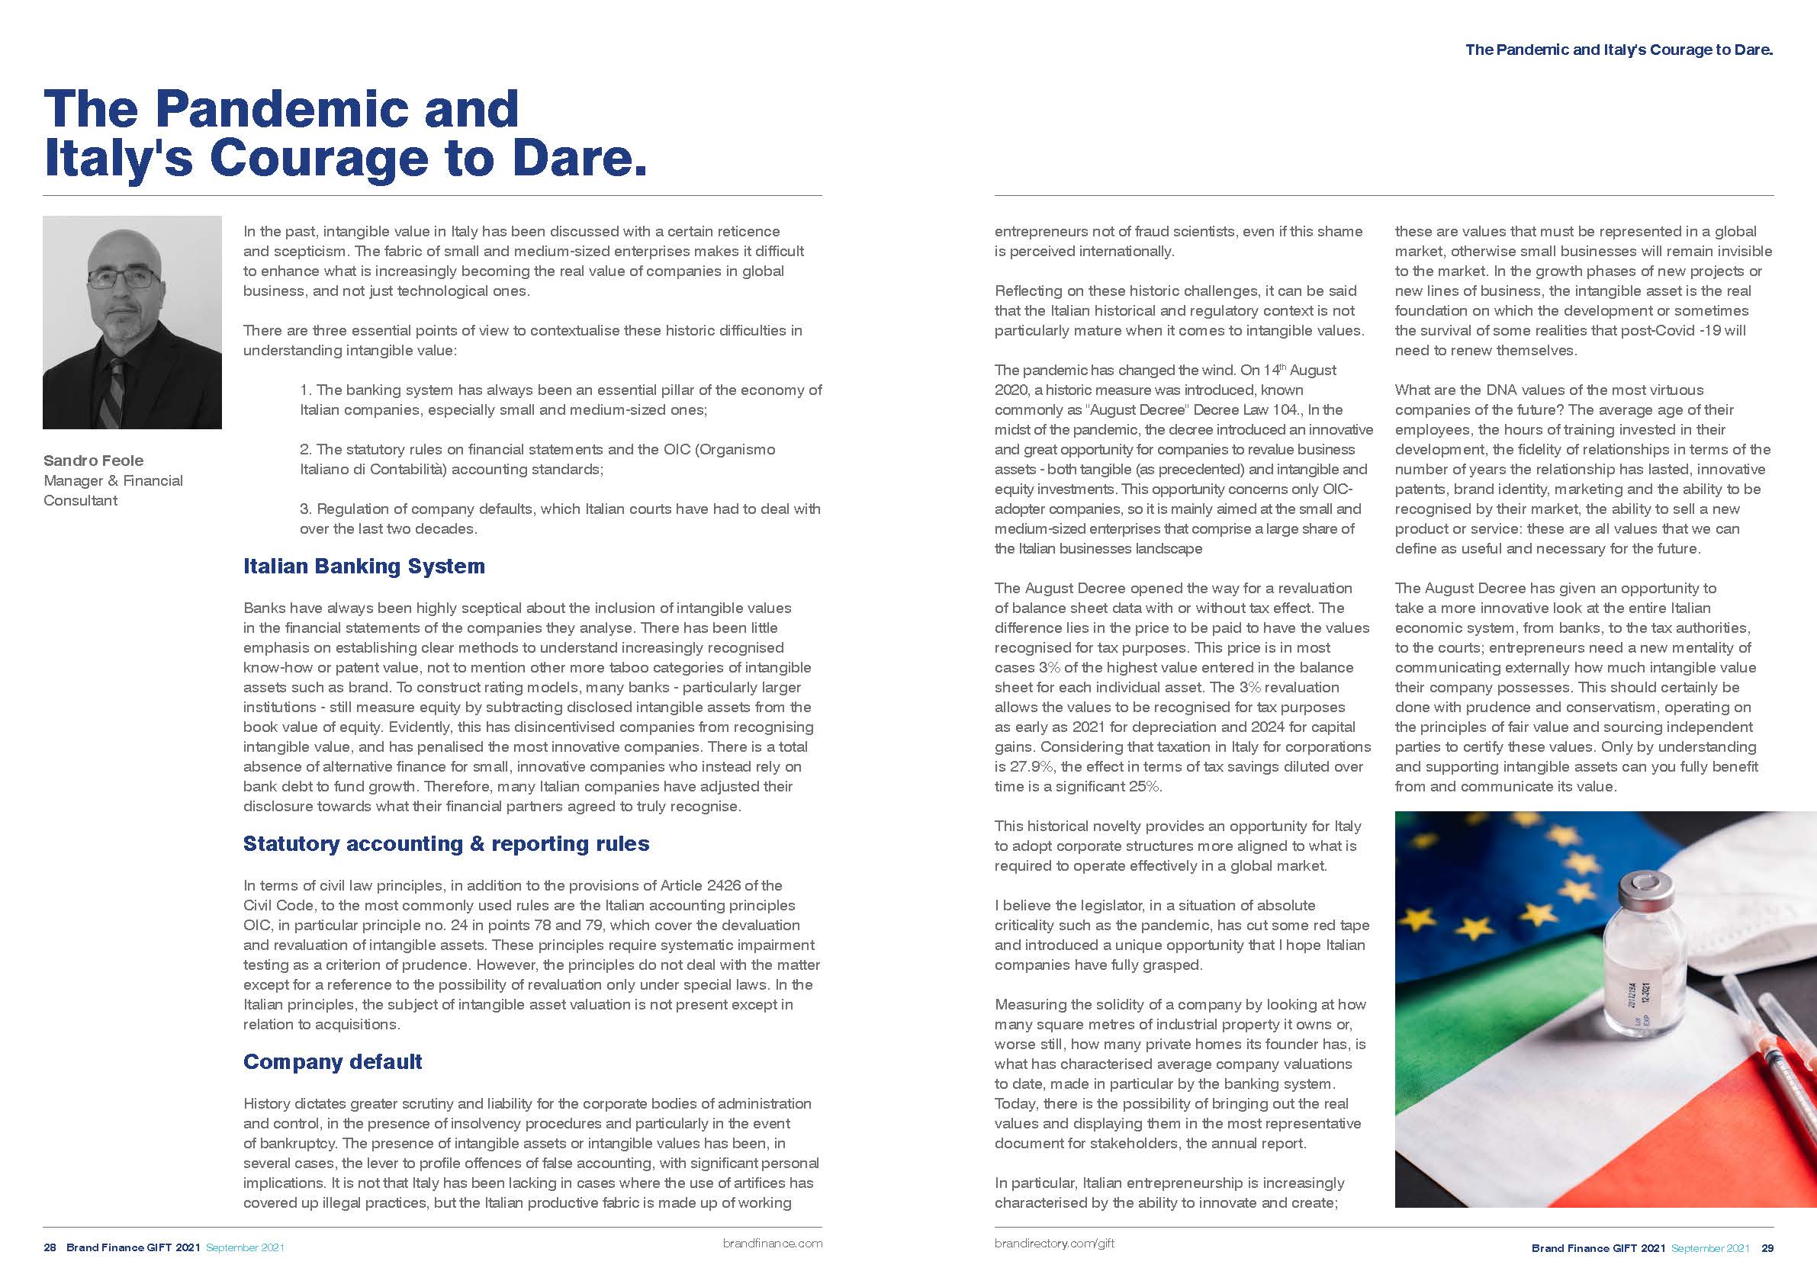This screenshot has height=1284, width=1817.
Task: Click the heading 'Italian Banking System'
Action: pyautogui.click(x=363, y=567)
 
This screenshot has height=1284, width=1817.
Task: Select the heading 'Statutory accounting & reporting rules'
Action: pyautogui.click(x=445, y=844)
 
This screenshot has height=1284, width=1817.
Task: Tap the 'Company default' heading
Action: pyautogui.click(x=333, y=1061)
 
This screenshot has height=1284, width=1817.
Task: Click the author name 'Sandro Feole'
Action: pyautogui.click(x=93, y=461)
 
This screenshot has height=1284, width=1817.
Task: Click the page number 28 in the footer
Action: pyautogui.click(x=50, y=1247)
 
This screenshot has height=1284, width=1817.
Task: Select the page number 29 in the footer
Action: pyautogui.click(x=1767, y=1248)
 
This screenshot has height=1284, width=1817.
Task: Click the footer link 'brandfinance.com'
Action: pyautogui.click(x=773, y=1244)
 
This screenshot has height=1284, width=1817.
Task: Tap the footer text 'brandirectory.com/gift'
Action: pyautogui.click(x=1054, y=1244)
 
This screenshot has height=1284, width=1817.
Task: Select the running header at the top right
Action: pyautogui.click(x=1619, y=50)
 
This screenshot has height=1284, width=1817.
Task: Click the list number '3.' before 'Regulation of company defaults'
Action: pyautogui.click(x=305, y=509)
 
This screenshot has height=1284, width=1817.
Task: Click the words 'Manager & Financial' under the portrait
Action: pyautogui.click(x=113, y=481)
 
